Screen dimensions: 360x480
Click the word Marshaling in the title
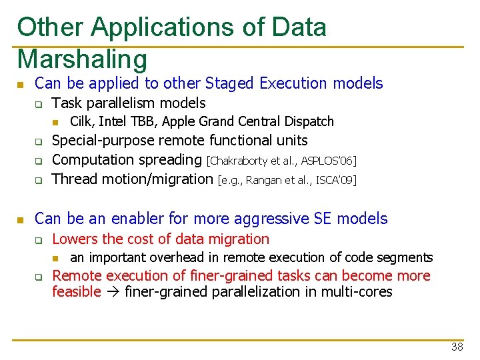[x=82, y=59]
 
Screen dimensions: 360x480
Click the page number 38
[x=457, y=347]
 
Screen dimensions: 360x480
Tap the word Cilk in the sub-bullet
[x=81, y=121]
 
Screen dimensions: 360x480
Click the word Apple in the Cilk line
[x=179, y=121]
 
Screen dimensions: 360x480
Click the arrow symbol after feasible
[x=113, y=292]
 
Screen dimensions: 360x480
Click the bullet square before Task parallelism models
[x=39, y=104]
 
